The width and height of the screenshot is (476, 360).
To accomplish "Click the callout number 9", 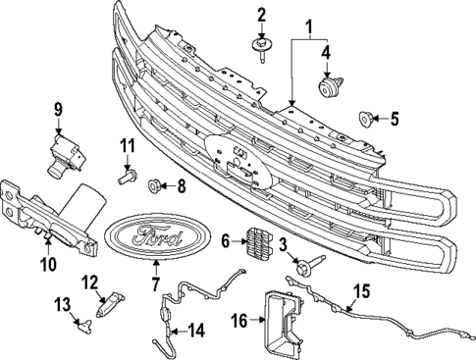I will pyautogui.click(x=58, y=109).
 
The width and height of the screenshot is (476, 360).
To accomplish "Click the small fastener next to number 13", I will pyautogui.click(x=80, y=317).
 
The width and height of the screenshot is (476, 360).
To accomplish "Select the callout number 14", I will pyautogui.click(x=196, y=330).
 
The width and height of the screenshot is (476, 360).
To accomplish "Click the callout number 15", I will pyautogui.click(x=361, y=289).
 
